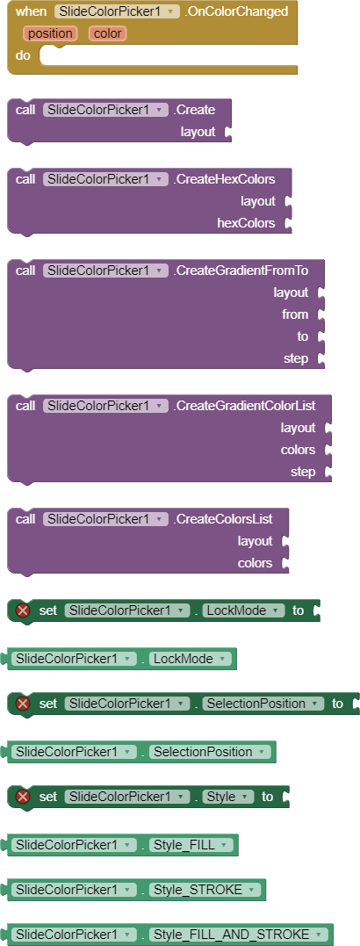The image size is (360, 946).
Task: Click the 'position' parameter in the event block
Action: (x=50, y=33)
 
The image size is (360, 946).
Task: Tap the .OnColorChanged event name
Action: (x=237, y=11)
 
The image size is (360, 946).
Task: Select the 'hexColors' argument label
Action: (x=246, y=223)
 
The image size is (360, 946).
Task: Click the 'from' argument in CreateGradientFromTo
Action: (x=295, y=314)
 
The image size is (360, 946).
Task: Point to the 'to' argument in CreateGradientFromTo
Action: (x=302, y=336)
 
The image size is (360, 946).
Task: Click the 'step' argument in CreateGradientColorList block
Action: (x=303, y=472)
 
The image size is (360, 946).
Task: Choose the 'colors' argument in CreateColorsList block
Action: (x=255, y=563)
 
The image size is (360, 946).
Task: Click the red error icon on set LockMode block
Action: (x=24, y=610)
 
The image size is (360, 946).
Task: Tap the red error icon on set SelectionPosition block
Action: (x=24, y=704)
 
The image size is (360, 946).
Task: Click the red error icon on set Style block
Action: (x=24, y=797)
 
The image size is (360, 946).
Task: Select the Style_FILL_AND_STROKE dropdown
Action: (x=239, y=935)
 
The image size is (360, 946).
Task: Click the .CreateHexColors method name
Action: (x=224, y=179)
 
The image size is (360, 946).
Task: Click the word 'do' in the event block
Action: (x=23, y=55)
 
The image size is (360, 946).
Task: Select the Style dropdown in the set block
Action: (x=227, y=797)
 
